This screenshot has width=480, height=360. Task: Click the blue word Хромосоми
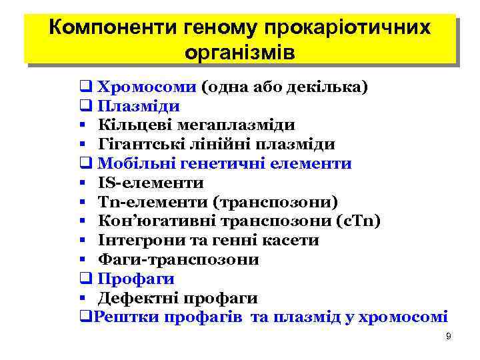point(147,87)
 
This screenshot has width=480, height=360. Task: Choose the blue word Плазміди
point(138,107)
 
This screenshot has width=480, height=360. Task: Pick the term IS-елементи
point(151,183)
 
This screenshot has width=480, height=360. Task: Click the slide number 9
point(449,337)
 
